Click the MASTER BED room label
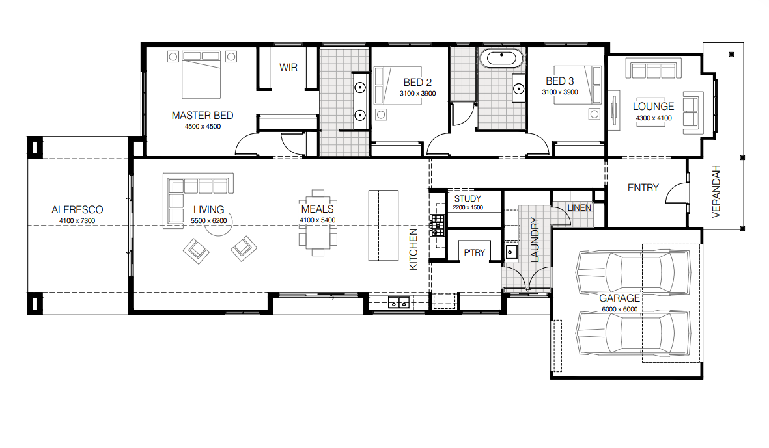(202, 116)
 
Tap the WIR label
(288, 68)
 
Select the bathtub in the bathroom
(501, 59)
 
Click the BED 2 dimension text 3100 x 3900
(417, 94)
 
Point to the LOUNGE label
(653, 106)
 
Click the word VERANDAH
(716, 191)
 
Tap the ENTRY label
(643, 187)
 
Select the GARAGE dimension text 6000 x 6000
(619, 310)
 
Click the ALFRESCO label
(77, 209)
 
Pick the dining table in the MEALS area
(318, 223)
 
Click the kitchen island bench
(384, 225)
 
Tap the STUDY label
(468, 198)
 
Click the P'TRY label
(474, 253)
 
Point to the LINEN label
(580, 208)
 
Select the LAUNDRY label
(535, 239)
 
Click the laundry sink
(511, 252)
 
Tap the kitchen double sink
(398, 303)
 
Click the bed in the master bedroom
(201, 74)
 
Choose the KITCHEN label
(413, 249)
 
